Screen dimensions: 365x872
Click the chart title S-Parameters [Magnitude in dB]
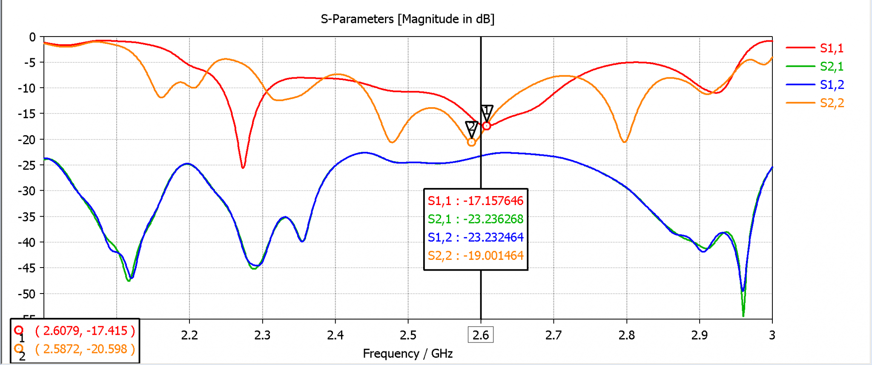click(407, 19)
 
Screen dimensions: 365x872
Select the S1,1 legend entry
click(831, 48)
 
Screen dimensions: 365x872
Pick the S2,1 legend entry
click(831, 66)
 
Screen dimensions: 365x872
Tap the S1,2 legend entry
click(831, 85)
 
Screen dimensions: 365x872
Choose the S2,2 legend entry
click(831, 103)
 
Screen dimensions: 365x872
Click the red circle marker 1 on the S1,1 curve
click(487, 126)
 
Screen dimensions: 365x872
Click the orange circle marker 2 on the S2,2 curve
click(471, 143)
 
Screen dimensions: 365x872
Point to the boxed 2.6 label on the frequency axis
click(481, 335)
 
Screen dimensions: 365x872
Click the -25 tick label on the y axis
click(26, 165)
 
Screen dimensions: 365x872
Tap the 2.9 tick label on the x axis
click(699, 335)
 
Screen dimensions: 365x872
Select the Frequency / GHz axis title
click(407, 354)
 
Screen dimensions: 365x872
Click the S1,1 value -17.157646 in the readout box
click(493, 201)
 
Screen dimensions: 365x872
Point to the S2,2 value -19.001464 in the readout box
click(493, 256)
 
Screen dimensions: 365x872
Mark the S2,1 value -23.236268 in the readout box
click(493, 219)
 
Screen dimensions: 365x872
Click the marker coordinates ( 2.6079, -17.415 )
click(85, 331)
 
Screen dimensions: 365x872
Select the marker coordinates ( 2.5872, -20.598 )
click(85, 349)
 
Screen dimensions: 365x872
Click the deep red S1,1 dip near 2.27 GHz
click(243, 167)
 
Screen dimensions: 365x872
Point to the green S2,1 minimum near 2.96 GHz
click(743, 315)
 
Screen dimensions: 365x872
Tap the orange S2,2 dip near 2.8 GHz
click(624, 141)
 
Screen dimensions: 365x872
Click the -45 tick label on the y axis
click(26, 268)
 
